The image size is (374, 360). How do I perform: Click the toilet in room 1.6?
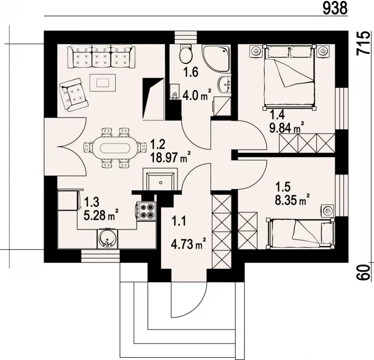[186, 54]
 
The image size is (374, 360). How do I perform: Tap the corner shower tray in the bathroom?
[216, 58]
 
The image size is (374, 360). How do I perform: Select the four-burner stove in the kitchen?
[146, 211]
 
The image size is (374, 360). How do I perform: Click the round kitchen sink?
[108, 238]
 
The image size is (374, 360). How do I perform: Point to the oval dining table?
[115, 148]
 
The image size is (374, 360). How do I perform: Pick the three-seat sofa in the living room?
[101, 57]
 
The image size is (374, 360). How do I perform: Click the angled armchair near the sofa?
[74, 94]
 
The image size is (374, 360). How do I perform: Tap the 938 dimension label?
[335, 9]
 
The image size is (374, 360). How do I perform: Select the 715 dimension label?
[364, 43]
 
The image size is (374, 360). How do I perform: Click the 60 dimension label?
[364, 272]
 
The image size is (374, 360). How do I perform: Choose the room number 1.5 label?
[283, 187]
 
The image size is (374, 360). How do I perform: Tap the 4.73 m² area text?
[188, 244]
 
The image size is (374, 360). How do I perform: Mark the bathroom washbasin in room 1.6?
[224, 85]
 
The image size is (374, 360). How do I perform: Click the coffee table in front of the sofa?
[103, 82]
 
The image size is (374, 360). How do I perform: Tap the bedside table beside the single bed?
[328, 211]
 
